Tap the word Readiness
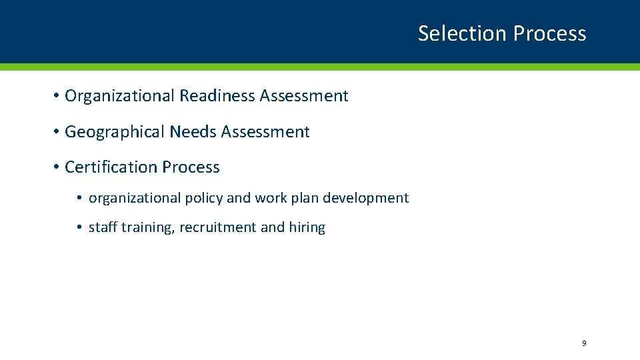(217, 96)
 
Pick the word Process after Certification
(191, 167)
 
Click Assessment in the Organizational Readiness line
(304, 96)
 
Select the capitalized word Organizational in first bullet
(120, 96)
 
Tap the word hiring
(307, 227)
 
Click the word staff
(103, 227)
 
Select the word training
(148, 227)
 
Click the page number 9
(584, 343)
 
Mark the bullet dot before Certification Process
(58, 167)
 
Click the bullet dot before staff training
(79, 228)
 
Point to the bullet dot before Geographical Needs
(58, 132)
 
